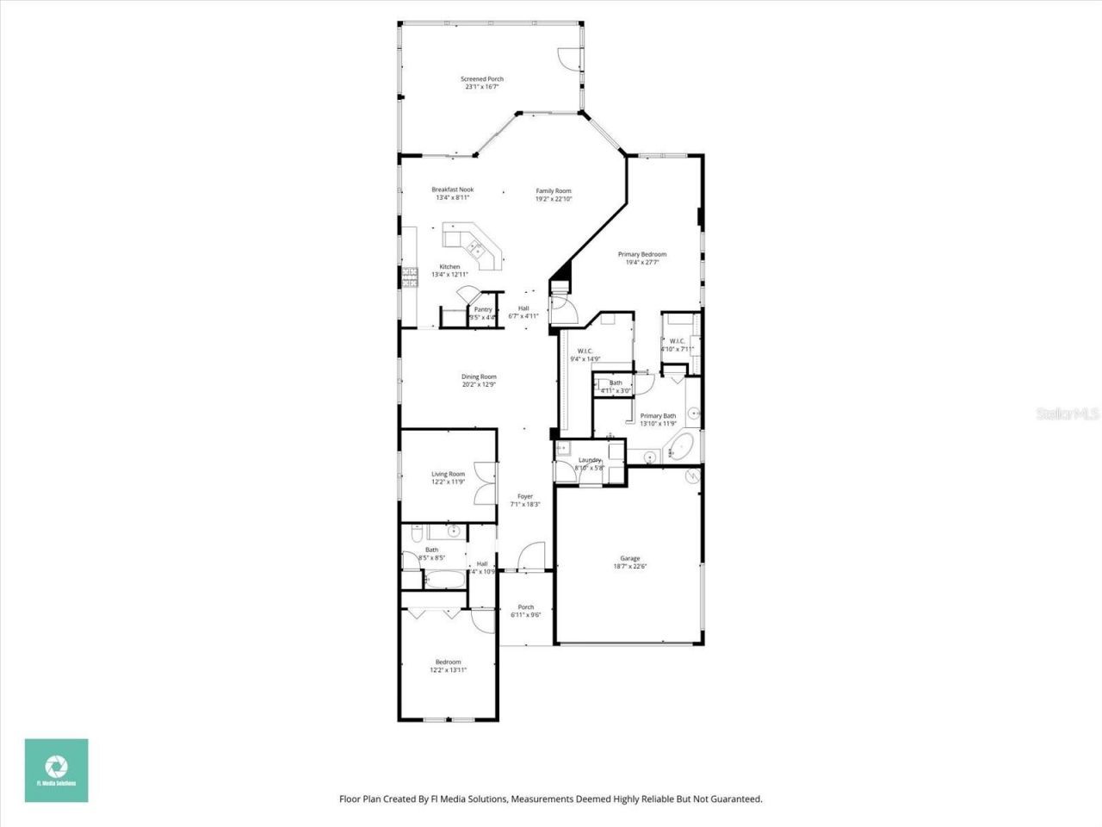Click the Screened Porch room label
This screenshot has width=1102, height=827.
pos(482,79)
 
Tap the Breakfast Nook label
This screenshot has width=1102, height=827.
pos(452,190)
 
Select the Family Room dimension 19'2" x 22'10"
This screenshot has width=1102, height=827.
pos(554,199)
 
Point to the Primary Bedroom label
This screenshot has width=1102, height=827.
pos(642,254)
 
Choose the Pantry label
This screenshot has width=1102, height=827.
pos(483,309)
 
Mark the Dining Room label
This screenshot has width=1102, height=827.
pos(479,376)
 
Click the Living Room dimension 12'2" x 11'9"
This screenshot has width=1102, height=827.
pos(448,482)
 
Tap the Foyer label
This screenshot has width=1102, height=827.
pos(525,496)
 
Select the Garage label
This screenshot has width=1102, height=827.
pos(630,558)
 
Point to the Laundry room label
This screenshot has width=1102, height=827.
pos(590,460)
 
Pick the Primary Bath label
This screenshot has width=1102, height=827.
pos(658,416)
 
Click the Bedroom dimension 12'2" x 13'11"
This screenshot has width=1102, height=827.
pos(448,669)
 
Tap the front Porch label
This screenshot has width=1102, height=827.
pos(526,606)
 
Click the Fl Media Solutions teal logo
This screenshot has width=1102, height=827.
pos(56,770)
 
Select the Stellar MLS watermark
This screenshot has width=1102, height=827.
pos(1068,414)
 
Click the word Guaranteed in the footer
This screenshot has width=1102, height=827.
pos(734,799)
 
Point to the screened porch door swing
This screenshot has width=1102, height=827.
pos(568,59)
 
